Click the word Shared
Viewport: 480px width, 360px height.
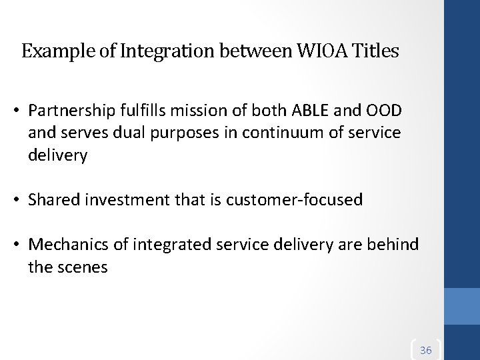pyautogui.click(x=56, y=199)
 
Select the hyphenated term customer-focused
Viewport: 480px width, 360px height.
pyautogui.click(x=290, y=199)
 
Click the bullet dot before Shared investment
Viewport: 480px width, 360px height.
pyautogui.click(x=21, y=199)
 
